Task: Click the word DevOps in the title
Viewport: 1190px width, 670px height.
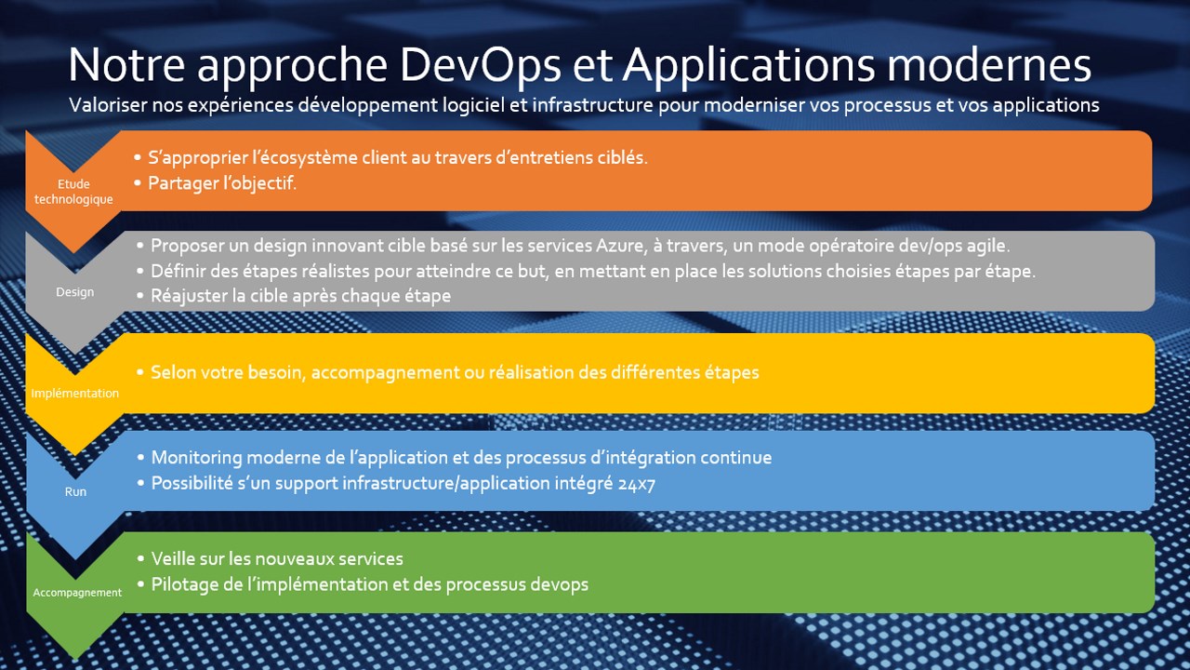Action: (480, 65)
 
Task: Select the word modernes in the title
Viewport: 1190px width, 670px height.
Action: (988, 65)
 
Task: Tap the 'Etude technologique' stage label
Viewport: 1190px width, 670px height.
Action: (73, 192)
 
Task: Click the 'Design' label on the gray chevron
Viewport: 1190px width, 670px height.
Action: (75, 292)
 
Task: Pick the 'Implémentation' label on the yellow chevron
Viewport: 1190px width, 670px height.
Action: (75, 393)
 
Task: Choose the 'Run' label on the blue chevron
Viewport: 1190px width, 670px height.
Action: (75, 491)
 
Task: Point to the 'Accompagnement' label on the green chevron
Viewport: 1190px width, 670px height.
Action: (77, 593)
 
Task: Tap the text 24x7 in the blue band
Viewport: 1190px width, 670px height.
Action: (637, 484)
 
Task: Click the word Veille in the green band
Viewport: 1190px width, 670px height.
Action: (174, 559)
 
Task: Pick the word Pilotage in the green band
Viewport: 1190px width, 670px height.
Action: (184, 584)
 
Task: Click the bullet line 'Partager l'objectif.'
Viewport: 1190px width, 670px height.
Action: (222, 183)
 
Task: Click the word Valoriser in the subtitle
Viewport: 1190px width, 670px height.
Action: (108, 105)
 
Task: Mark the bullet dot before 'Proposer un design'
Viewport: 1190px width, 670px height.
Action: (140, 247)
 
